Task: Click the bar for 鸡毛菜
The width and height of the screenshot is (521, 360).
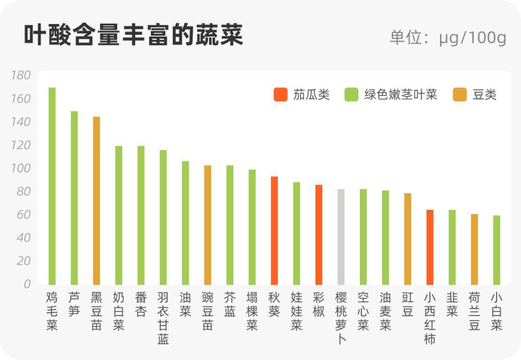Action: (52, 186)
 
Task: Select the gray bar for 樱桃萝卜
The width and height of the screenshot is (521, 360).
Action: (341, 236)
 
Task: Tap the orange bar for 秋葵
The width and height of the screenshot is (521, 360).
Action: (274, 231)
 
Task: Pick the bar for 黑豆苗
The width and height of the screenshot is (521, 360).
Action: (96, 200)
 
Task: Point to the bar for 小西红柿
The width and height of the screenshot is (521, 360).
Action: (430, 247)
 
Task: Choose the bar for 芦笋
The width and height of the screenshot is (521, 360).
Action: (74, 198)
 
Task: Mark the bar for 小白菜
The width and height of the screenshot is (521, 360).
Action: (496, 250)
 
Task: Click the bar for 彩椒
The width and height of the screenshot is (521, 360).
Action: (319, 235)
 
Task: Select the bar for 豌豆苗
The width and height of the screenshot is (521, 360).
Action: (207, 225)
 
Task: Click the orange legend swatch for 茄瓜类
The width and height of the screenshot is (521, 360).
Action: (280, 95)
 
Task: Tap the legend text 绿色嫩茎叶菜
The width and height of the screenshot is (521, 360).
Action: (400, 95)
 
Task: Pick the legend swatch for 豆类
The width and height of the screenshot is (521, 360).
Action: (460, 95)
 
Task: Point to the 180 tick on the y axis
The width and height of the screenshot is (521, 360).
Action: (21, 75)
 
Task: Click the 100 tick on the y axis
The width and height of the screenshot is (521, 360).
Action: (21, 168)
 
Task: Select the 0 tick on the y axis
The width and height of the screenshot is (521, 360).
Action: (27, 284)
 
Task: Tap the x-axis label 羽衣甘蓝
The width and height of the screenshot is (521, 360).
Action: (163, 318)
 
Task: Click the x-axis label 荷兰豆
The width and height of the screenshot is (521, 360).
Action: (474, 311)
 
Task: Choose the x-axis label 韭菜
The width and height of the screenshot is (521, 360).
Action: (452, 304)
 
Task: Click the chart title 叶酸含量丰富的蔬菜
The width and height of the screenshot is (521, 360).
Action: (134, 36)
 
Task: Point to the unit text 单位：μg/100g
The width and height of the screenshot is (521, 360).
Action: (448, 38)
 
